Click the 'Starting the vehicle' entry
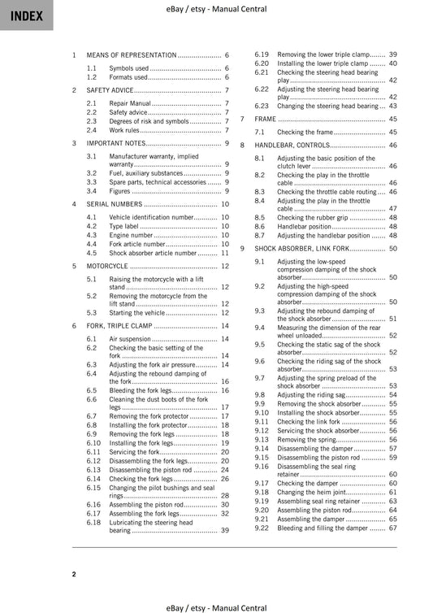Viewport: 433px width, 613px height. click(141, 312)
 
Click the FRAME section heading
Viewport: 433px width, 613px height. click(266, 119)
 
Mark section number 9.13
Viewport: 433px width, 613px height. click(262, 439)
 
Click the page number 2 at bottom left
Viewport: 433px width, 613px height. click(74, 575)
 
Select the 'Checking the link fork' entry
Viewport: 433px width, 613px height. click(308, 421)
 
